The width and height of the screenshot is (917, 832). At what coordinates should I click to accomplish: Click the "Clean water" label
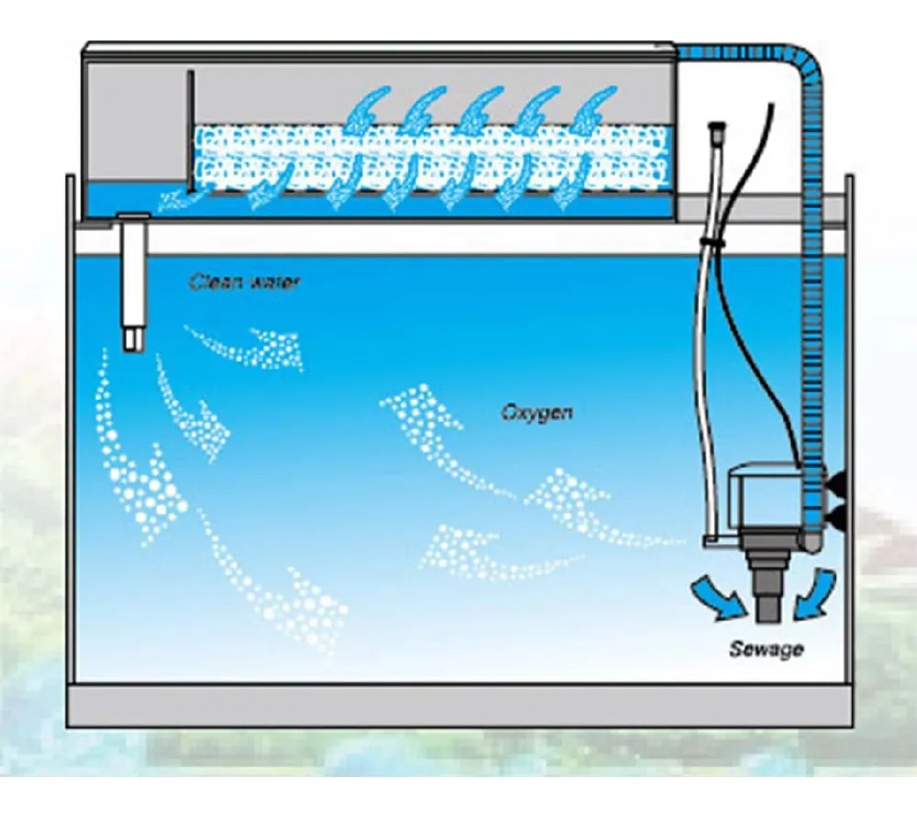[244, 282]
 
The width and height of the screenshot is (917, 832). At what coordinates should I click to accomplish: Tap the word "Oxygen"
[536, 413]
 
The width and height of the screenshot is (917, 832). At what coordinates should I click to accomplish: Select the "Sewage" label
[766, 649]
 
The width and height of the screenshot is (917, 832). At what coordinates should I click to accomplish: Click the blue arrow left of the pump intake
[718, 594]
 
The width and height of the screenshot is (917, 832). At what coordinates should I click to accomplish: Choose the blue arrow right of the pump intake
[816, 593]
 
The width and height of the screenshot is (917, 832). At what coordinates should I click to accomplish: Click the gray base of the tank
[458, 704]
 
